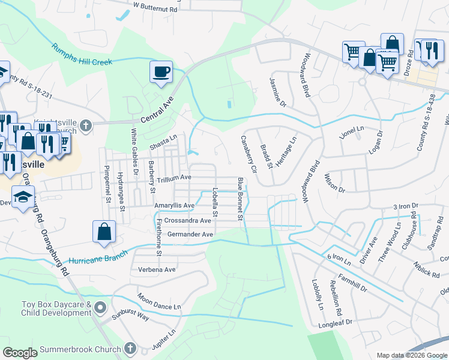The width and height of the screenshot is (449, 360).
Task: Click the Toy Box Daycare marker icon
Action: (x=100, y=308)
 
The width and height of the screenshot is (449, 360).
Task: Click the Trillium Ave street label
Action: (x=173, y=178)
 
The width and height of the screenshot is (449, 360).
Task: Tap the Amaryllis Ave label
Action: (x=174, y=205)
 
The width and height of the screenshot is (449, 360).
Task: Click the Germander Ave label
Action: (x=190, y=234)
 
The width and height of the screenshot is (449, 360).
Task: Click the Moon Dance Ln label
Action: (x=159, y=301)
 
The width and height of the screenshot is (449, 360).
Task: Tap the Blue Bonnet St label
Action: (x=240, y=199)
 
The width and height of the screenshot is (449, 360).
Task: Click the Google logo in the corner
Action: (x=20, y=353)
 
